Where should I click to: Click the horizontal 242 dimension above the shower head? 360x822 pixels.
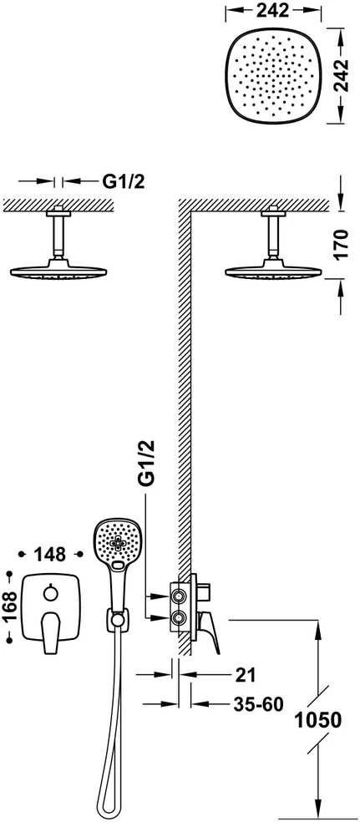point(273,10)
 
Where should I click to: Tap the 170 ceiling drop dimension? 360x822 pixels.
point(341,245)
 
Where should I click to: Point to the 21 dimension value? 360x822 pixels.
point(245,675)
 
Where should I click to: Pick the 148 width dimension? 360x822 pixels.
point(50,554)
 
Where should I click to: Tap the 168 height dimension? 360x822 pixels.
point(9,606)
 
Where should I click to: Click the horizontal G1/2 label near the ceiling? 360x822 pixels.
point(123,181)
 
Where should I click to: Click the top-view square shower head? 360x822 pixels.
point(273,76)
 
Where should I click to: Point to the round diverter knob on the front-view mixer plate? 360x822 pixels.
point(51,593)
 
